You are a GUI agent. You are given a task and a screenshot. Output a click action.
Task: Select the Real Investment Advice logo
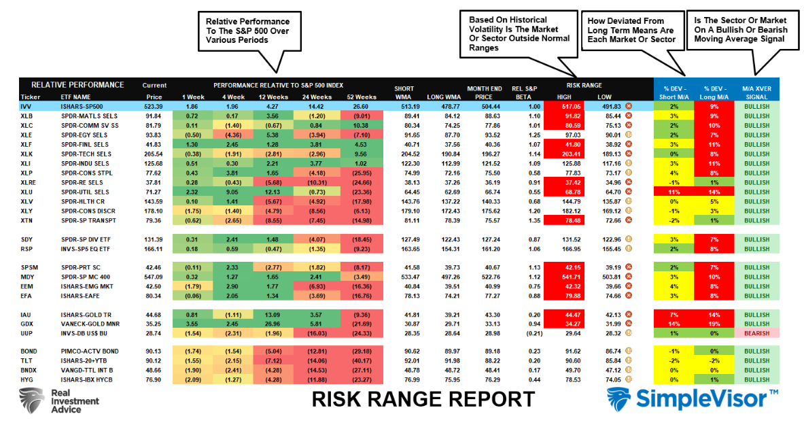[x=58, y=401]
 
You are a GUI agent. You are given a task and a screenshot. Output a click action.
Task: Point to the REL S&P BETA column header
[x=525, y=92]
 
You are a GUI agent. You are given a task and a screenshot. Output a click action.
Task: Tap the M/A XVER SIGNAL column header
[x=756, y=92]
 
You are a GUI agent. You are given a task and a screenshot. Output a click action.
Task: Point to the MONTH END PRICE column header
[x=484, y=92]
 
